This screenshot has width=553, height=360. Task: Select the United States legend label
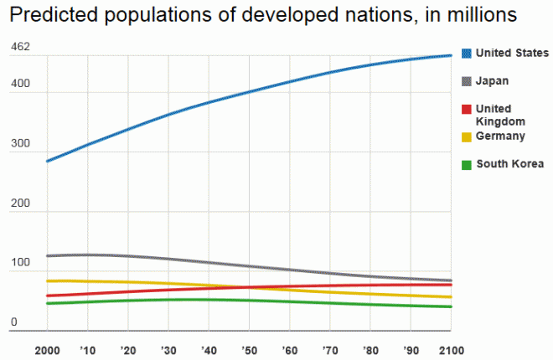click(512, 53)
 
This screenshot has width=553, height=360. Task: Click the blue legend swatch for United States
click(467, 53)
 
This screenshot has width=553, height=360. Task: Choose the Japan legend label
click(493, 80)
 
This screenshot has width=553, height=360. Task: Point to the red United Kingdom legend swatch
click(467, 109)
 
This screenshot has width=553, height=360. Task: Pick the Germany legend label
click(500, 136)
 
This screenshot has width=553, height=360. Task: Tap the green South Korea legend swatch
click(467, 164)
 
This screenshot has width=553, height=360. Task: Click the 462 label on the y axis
click(20, 47)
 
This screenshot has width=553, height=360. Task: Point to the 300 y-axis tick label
click(20, 144)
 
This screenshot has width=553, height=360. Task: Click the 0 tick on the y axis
click(13, 322)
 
